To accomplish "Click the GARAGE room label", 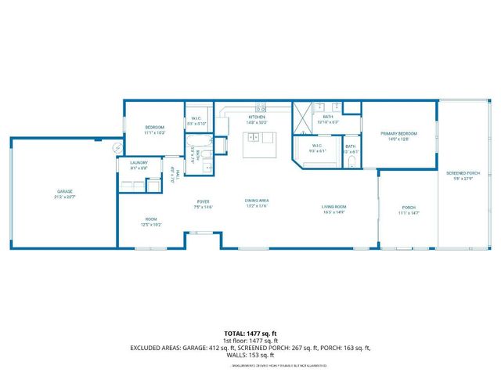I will [63, 191].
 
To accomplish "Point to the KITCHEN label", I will [257, 117].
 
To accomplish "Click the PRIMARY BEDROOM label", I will [398, 134].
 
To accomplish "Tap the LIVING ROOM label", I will [333, 207].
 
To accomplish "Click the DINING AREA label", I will [257, 201].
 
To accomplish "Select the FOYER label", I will [202, 203].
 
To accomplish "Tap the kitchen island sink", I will [254, 139].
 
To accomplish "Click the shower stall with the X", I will [303, 121].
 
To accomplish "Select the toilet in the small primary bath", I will [351, 161].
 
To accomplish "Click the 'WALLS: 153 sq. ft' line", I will [250, 354].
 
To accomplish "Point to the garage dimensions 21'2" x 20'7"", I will [63, 196].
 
